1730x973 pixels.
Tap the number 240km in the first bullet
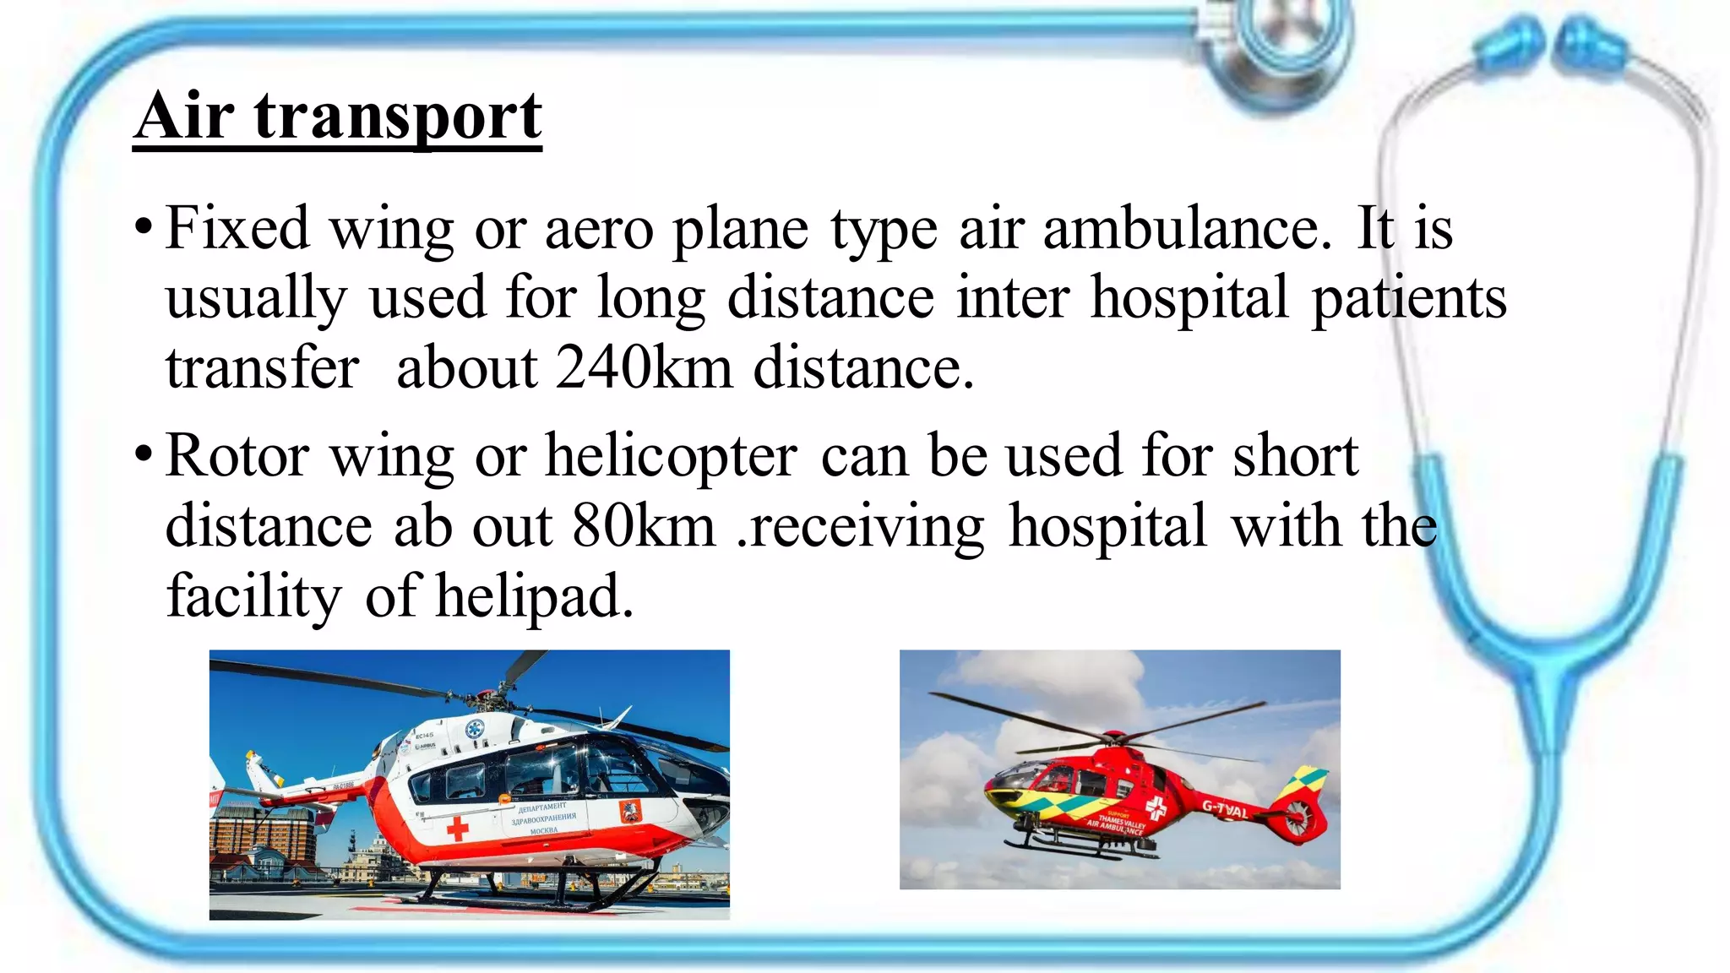(644, 368)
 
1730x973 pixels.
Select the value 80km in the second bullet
(644, 526)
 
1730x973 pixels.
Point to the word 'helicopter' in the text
(672, 457)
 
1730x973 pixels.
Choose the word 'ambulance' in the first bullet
(1186, 228)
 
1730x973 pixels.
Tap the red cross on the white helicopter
(457, 827)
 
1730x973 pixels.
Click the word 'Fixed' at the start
(237, 228)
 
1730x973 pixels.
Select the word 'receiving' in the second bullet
(866, 526)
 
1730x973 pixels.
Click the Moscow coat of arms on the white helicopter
(628, 813)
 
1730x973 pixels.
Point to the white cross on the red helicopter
(1156, 810)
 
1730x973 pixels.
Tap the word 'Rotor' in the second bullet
(237, 456)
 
